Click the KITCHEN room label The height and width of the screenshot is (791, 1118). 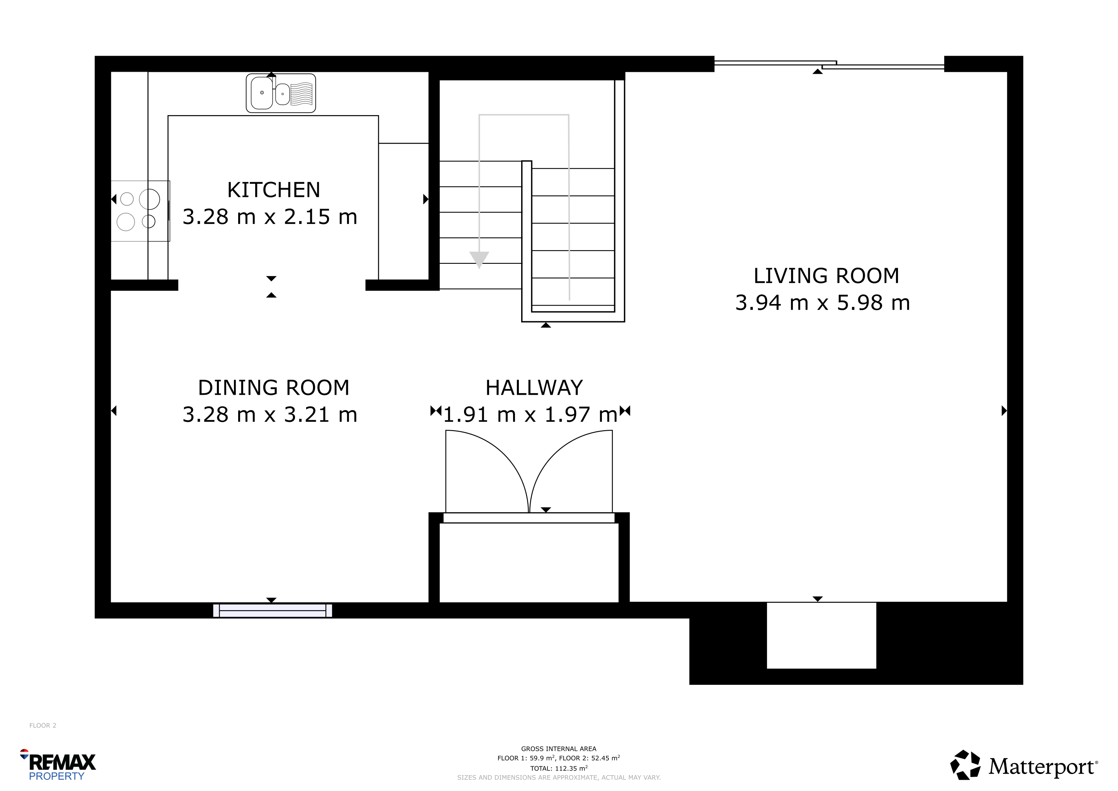[x=274, y=190]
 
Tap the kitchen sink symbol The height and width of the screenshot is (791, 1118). [x=281, y=93]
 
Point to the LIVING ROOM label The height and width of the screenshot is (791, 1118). [x=826, y=276]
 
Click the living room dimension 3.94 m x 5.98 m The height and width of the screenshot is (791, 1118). [x=822, y=302]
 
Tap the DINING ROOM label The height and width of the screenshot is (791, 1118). [x=274, y=388]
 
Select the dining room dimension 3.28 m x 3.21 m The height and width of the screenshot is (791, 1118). [x=270, y=414]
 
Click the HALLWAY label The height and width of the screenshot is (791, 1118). [x=534, y=388]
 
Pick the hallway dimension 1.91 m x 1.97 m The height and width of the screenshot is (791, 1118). [x=530, y=414]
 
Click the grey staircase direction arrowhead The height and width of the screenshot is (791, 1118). [x=479, y=260]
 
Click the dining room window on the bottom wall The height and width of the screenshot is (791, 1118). [x=273, y=610]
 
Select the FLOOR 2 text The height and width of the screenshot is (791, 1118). [x=43, y=725]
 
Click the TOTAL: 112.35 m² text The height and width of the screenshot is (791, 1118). [x=559, y=768]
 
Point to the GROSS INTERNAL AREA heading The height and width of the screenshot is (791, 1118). [x=559, y=749]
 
